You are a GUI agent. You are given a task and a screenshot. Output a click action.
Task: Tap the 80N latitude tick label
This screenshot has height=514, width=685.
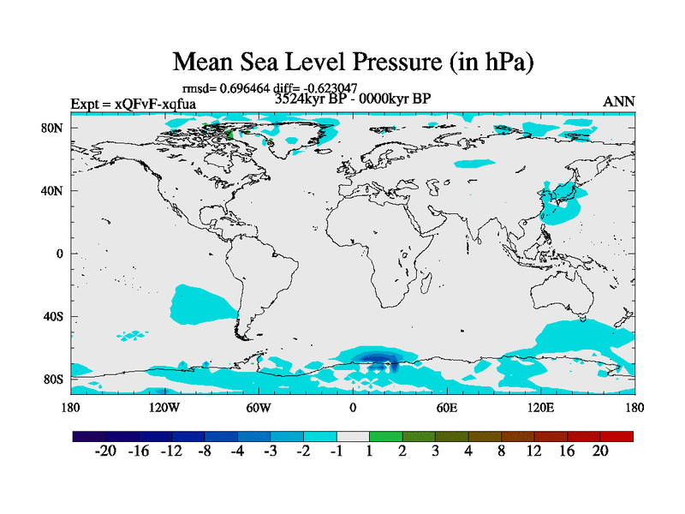click(x=54, y=128)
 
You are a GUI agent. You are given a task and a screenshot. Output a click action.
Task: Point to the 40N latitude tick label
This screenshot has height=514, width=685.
click(x=54, y=191)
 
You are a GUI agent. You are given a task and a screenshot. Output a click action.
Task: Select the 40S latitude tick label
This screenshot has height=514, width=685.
click(x=54, y=317)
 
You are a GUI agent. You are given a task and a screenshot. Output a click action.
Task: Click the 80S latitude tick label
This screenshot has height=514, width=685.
click(x=54, y=380)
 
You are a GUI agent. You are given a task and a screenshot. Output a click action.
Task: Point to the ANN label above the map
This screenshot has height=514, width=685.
click(x=619, y=102)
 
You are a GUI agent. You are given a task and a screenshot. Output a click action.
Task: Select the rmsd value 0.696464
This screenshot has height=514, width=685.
click(x=245, y=87)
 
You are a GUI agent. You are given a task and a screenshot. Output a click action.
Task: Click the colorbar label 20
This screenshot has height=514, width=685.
click(x=599, y=452)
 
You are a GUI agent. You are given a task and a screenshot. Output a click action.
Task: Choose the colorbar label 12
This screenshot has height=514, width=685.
click(x=534, y=452)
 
